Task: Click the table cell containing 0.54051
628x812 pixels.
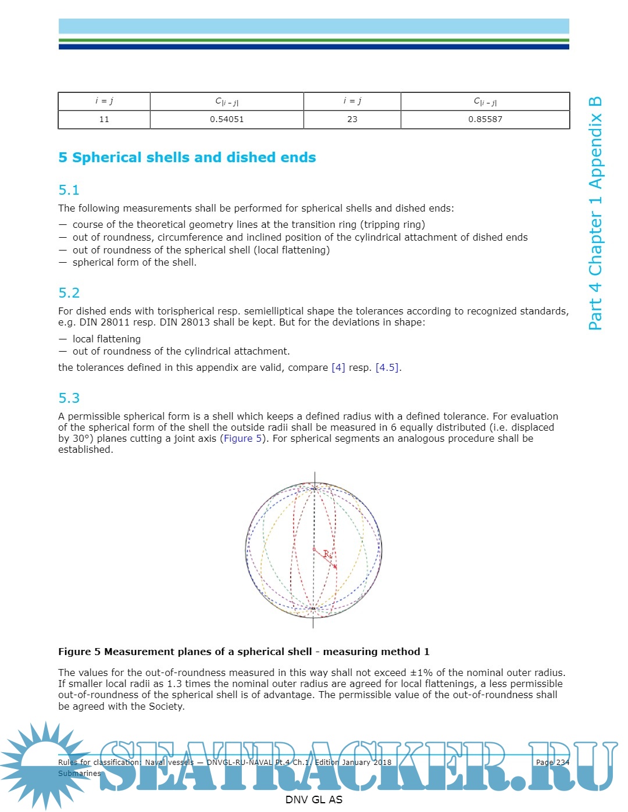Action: pos(227,119)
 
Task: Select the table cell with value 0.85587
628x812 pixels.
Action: pos(485,119)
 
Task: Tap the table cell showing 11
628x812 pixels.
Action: pos(104,119)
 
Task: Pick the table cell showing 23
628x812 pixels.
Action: pos(352,119)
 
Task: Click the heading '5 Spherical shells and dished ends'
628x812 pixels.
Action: pos(187,158)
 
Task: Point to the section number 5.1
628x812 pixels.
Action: pos(69,190)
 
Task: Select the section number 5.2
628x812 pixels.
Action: pos(69,293)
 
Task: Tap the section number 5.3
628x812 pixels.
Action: pos(69,398)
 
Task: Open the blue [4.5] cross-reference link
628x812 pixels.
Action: pos(387,367)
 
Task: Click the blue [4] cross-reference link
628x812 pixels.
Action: pos(338,367)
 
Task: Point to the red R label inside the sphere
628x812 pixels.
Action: pos(327,554)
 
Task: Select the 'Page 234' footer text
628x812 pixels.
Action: pos(552,762)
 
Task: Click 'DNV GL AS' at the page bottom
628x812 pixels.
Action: pos(313,799)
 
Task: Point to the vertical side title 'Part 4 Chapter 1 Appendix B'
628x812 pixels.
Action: pos(595,213)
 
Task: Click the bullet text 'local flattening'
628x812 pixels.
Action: pos(106,339)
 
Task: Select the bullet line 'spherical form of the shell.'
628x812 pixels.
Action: pos(134,262)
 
